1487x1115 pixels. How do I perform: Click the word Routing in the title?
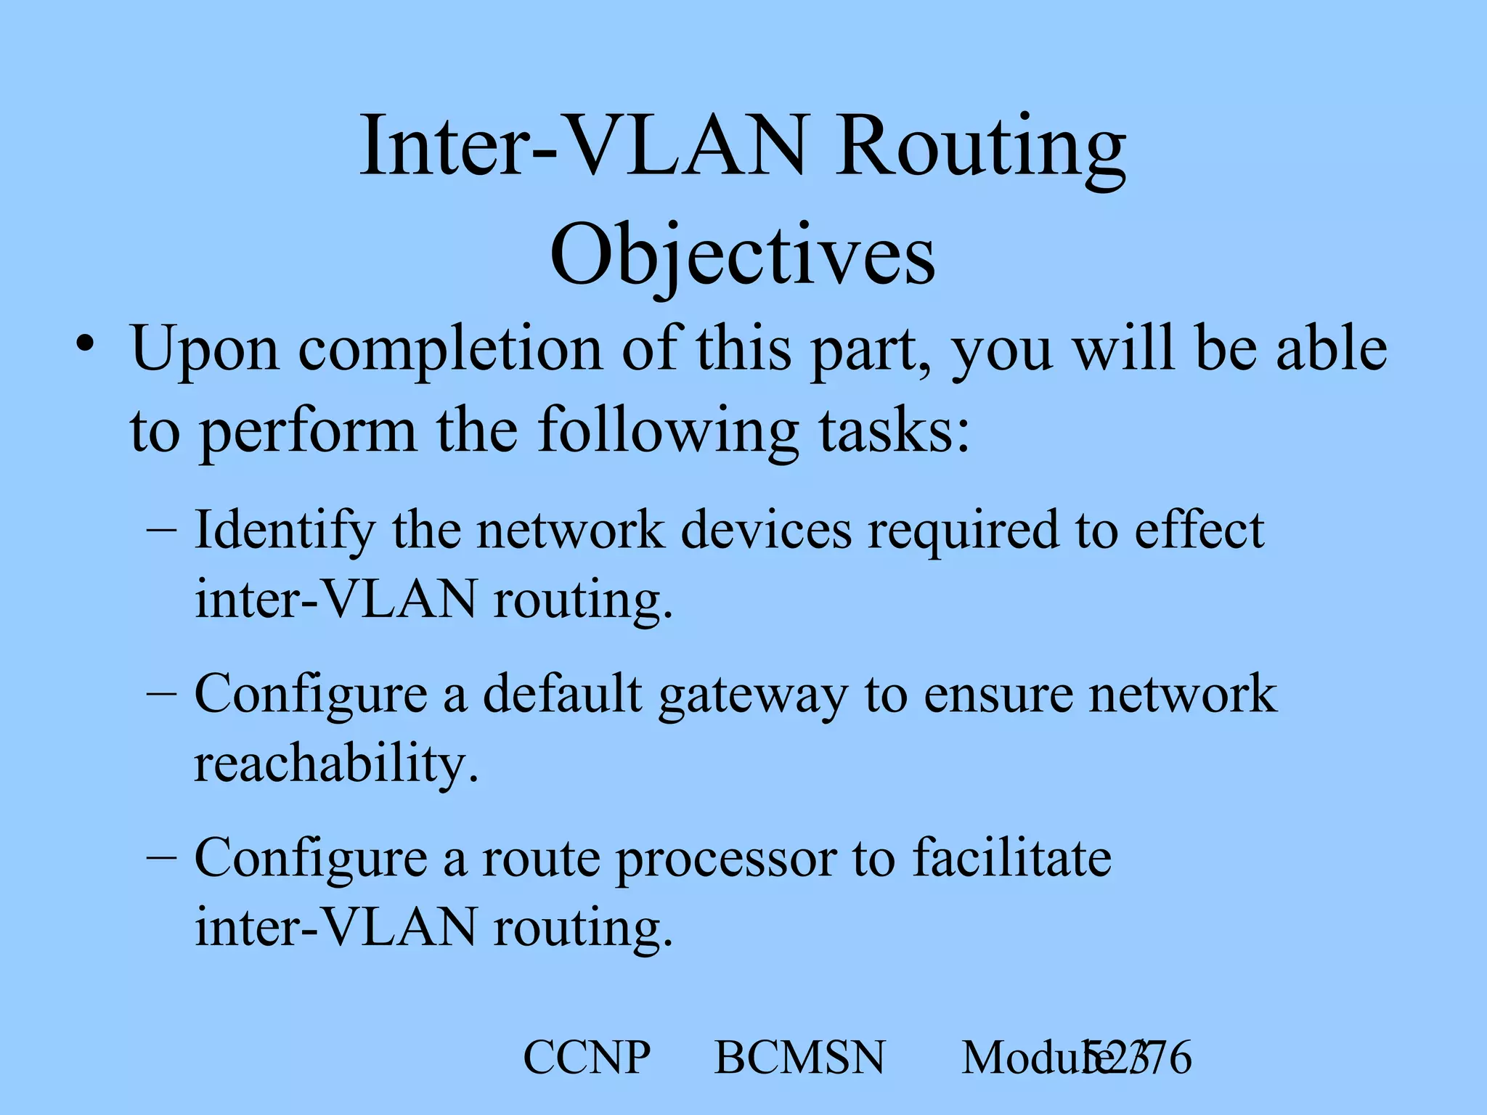979,149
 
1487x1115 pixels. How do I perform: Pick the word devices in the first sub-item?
766,530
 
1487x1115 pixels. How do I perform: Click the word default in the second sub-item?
563,693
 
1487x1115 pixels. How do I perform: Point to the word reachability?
336,764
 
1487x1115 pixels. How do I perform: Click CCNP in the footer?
587,1058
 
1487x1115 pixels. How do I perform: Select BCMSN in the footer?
800,1058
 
